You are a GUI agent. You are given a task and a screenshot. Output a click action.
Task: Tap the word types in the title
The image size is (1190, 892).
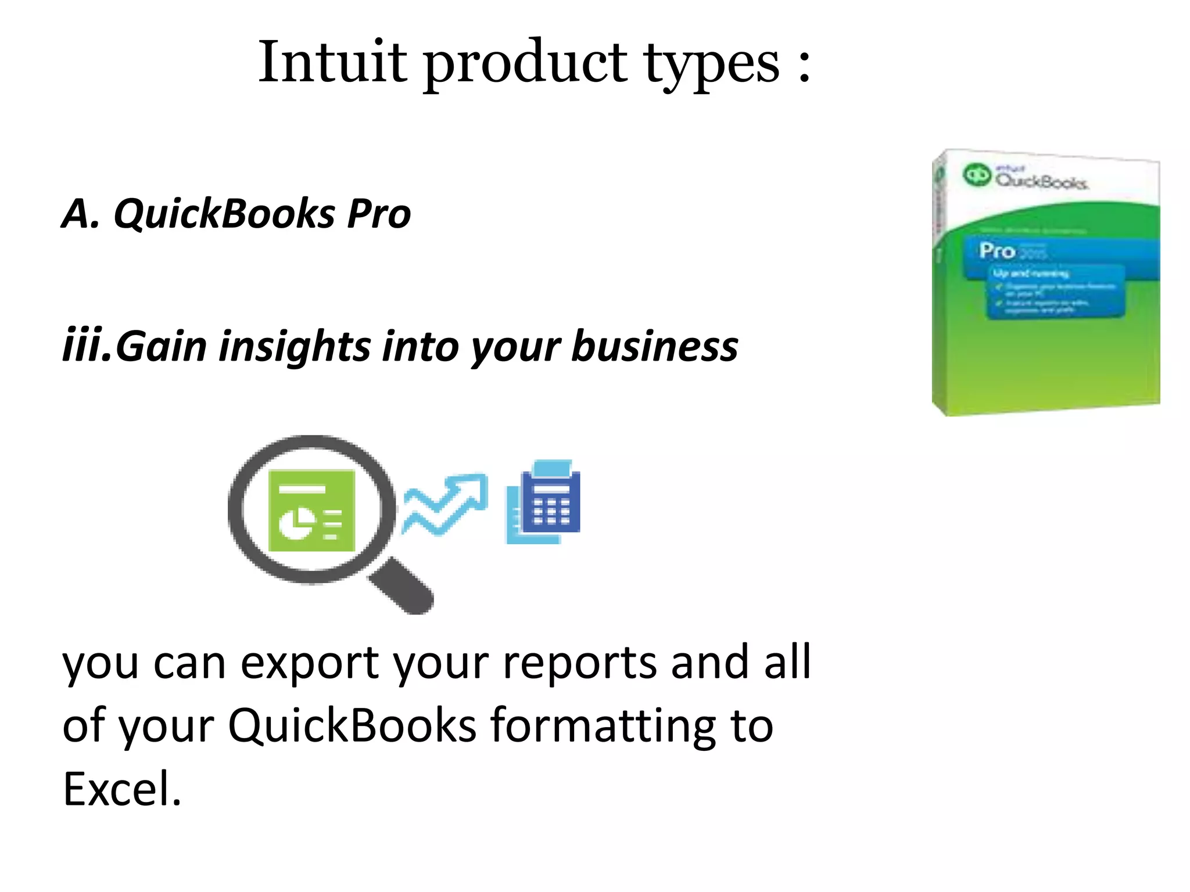[x=711, y=64]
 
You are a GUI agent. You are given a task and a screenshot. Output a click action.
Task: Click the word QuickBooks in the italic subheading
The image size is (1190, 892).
[x=224, y=213]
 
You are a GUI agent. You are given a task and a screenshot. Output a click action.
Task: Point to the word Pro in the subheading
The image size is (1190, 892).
[x=379, y=213]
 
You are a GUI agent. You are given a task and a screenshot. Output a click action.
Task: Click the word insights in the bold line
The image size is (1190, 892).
[x=295, y=346]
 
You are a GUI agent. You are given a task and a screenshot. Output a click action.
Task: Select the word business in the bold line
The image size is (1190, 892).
[x=655, y=346]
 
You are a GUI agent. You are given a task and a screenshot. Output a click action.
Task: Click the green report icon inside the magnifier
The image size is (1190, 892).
[x=311, y=510]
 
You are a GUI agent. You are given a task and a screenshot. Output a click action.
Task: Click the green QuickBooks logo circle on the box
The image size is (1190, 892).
[x=977, y=174]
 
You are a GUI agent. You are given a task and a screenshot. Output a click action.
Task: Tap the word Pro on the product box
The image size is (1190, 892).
[x=997, y=250]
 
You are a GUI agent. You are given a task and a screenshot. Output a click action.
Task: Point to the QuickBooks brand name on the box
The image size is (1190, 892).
[x=1041, y=181]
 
